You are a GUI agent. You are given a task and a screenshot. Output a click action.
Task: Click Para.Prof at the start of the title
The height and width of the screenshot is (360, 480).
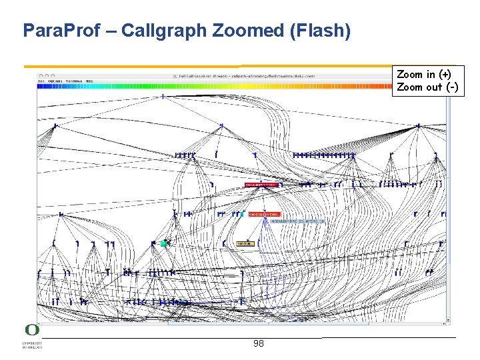pyautogui.click(x=57, y=31)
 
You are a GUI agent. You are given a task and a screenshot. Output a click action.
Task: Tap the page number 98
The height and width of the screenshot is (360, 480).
pyautogui.click(x=259, y=344)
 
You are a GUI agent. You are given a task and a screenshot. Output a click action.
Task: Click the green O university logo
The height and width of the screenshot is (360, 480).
pyautogui.click(x=32, y=330)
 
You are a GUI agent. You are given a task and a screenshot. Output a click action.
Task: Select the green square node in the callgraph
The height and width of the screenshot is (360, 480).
pyautogui.click(x=163, y=244)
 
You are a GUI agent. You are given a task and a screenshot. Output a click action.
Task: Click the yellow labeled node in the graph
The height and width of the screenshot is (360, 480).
pyautogui.click(x=245, y=244)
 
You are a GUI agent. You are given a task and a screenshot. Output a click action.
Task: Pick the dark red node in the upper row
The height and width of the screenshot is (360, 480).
pyautogui.click(x=261, y=185)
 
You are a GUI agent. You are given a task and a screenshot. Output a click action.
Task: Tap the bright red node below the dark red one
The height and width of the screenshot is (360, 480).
pyautogui.click(x=265, y=215)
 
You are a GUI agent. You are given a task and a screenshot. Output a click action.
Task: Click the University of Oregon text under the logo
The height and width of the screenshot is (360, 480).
pyautogui.click(x=32, y=345)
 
